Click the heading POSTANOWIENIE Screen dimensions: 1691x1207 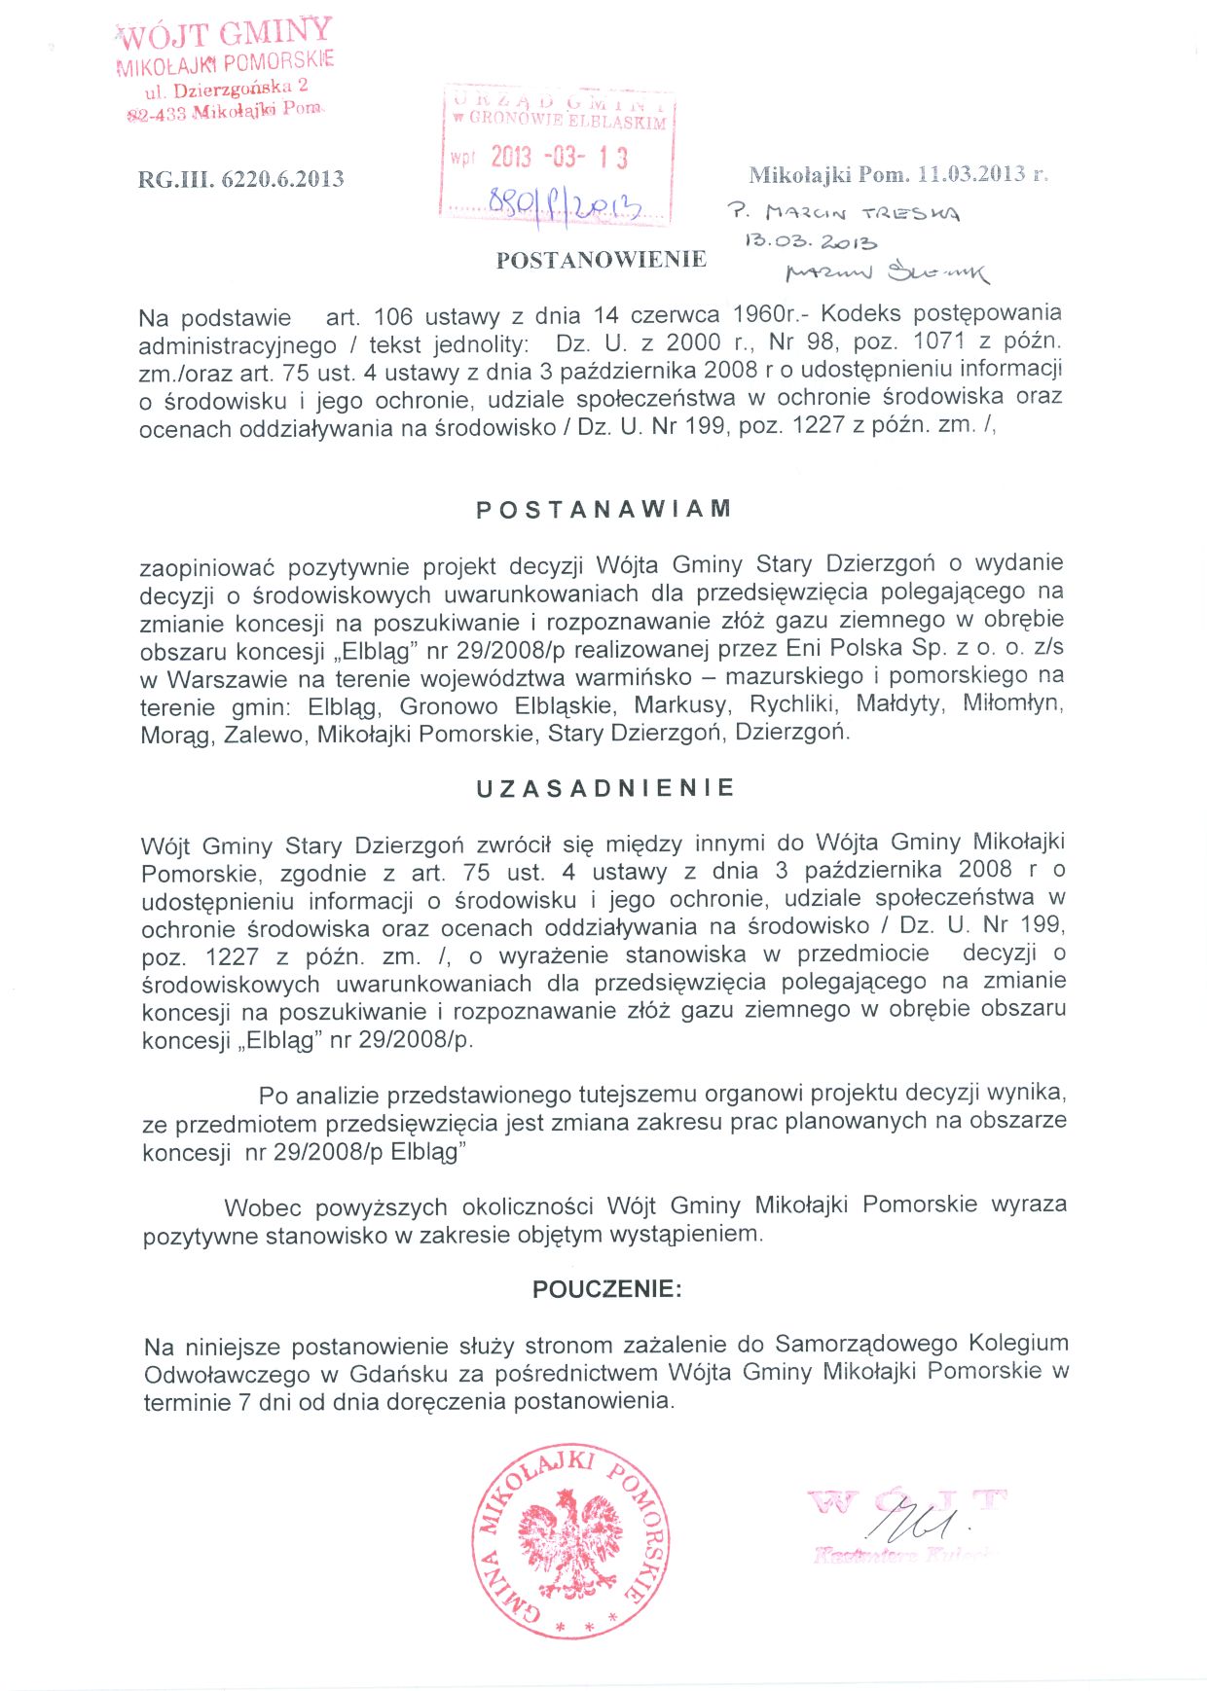pyautogui.click(x=601, y=260)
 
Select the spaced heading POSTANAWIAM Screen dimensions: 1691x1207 pyautogui.click(x=603, y=510)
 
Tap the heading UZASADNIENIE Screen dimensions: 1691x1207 pyautogui.click(x=605, y=788)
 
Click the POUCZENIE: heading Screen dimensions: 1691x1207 pyautogui.click(x=606, y=1289)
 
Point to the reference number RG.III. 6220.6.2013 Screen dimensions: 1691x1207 pyautogui.click(x=240, y=179)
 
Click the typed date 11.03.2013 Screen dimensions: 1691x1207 pyautogui.click(x=972, y=174)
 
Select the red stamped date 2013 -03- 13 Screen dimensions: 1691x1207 pyautogui.click(x=559, y=158)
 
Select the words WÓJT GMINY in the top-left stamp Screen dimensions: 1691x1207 pyautogui.click(x=225, y=34)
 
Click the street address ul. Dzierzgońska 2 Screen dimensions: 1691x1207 pyautogui.click(x=226, y=90)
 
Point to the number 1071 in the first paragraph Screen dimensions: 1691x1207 pyautogui.click(x=939, y=342)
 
